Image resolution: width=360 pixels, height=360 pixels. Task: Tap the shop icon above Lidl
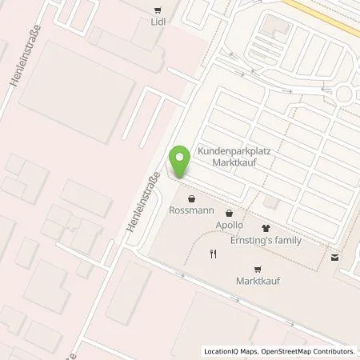(x=156, y=10)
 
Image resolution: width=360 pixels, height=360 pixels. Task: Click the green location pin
(x=181, y=162)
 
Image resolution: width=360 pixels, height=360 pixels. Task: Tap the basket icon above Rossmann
(x=190, y=198)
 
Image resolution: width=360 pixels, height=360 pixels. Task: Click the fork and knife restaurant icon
(x=213, y=254)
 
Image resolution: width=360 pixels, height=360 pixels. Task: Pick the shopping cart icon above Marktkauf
(x=257, y=269)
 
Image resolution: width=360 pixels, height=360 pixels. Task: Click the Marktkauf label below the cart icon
(x=257, y=282)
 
